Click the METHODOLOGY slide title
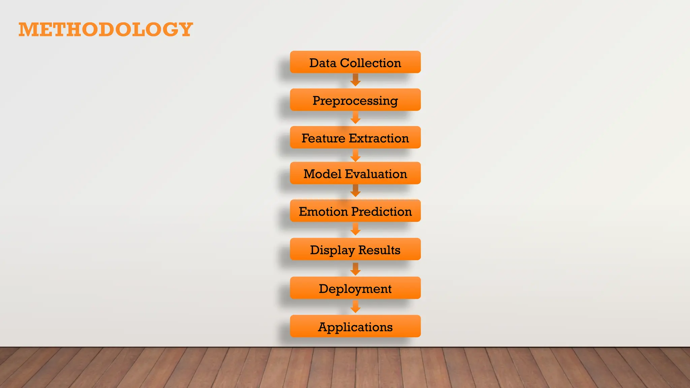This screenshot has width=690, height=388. (x=105, y=29)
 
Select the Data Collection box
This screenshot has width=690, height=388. (x=355, y=62)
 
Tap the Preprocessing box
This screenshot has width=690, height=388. (x=355, y=100)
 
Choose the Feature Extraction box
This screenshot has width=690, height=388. (x=355, y=138)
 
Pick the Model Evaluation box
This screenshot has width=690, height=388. (x=355, y=173)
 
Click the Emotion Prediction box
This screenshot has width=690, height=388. (x=355, y=211)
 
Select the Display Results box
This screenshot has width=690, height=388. (x=355, y=250)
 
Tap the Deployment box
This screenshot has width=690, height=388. (x=355, y=288)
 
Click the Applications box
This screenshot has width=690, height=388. (x=355, y=326)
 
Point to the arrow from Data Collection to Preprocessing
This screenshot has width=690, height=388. (x=355, y=80)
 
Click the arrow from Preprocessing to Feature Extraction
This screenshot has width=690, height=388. (x=355, y=118)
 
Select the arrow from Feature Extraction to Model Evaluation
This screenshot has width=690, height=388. (x=355, y=156)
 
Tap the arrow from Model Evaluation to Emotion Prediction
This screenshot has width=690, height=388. (x=355, y=191)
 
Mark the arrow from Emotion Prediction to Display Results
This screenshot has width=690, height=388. (x=355, y=229)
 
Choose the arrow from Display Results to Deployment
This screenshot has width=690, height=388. (x=355, y=269)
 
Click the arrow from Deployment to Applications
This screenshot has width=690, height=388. (x=355, y=307)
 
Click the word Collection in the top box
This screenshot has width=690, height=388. (x=370, y=63)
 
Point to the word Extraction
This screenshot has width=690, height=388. (x=379, y=138)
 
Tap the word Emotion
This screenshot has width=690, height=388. (x=323, y=212)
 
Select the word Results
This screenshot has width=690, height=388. (x=379, y=250)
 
